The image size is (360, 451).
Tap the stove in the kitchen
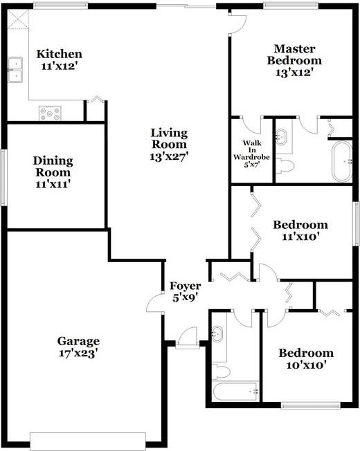[51, 111]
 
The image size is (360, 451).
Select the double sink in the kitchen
[15, 69]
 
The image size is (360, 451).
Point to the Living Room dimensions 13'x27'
[170, 156]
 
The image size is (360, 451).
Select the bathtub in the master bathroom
[341, 161]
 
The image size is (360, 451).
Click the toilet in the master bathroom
[285, 165]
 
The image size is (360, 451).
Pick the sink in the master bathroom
[282, 137]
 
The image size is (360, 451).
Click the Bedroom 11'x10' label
[300, 230]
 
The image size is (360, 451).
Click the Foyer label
[186, 291]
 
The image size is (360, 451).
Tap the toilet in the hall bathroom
[221, 371]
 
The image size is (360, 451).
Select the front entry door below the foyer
[186, 341]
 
